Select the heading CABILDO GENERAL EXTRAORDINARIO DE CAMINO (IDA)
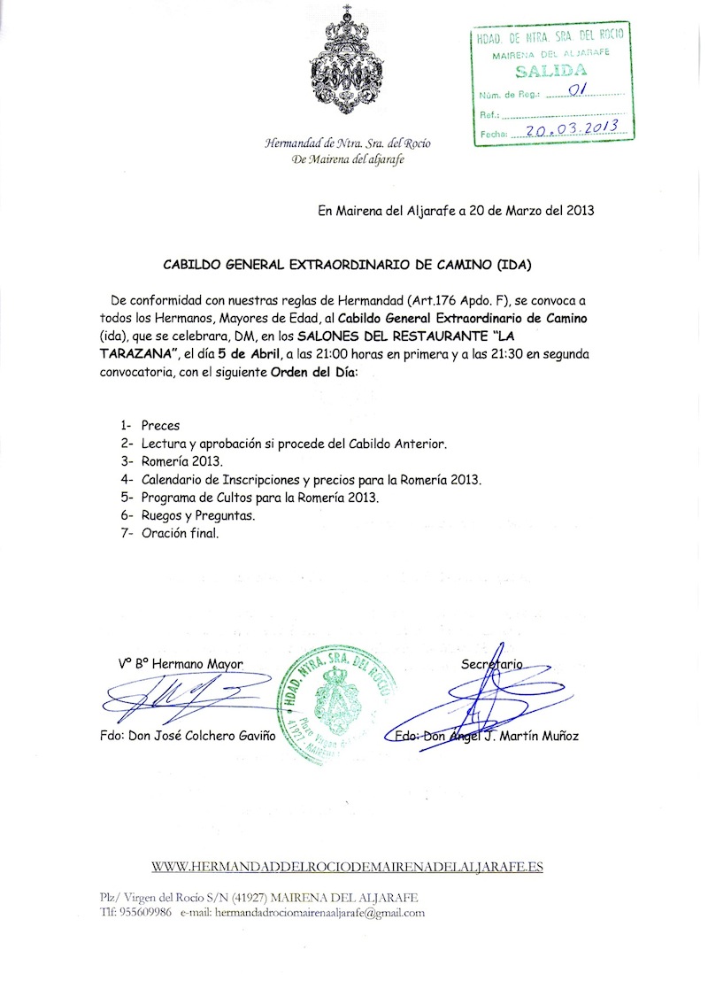coord(348,264)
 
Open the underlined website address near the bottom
coord(347,866)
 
